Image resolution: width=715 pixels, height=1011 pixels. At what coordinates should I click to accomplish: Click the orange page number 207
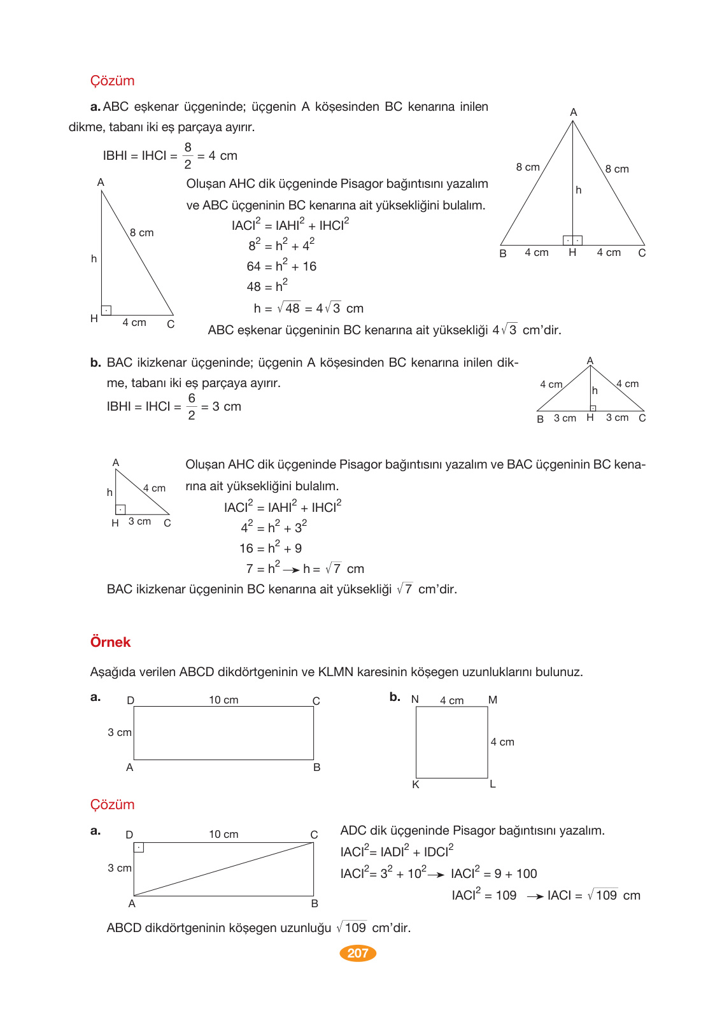358,953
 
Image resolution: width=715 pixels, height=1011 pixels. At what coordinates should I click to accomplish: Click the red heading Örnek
110,642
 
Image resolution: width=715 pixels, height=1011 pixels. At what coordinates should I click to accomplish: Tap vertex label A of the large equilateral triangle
573,112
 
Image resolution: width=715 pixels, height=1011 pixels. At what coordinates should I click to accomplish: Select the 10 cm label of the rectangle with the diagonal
223,834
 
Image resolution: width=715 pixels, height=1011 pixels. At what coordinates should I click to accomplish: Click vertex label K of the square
416,784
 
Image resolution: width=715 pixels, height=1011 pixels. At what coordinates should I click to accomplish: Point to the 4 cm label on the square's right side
502,742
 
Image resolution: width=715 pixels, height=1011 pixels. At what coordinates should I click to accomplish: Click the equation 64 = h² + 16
281,266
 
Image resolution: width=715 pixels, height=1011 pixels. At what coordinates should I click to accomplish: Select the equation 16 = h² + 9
271,548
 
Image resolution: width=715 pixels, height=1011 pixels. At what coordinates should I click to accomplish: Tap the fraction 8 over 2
188,155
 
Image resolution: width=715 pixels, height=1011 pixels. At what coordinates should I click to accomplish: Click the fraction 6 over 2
191,406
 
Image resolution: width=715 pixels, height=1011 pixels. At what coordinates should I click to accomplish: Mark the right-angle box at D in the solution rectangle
139,847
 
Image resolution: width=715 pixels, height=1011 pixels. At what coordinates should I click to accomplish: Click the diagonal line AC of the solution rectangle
223,869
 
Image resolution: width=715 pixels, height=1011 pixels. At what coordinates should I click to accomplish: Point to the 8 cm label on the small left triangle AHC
141,232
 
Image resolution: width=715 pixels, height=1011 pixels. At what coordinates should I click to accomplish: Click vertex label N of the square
415,699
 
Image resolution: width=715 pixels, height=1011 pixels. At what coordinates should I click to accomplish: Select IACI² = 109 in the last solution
484,895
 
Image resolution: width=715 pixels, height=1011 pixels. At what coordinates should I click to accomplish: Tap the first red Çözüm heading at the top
112,81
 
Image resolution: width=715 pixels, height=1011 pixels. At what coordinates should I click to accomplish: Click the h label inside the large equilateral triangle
578,190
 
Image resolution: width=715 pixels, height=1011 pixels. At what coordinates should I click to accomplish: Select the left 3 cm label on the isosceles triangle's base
565,418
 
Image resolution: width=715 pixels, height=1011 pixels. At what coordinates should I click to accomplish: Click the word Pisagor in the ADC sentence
474,830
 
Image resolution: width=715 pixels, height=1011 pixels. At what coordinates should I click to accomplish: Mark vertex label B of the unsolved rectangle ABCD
316,767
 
